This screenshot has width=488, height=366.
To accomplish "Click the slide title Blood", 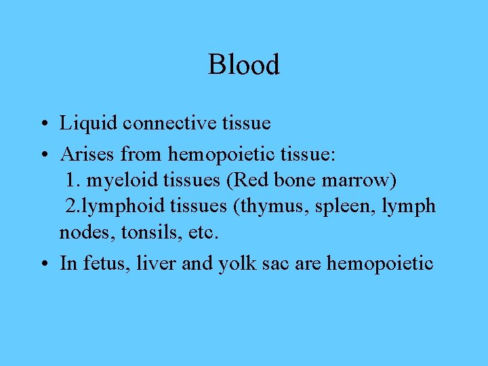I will point(243,65).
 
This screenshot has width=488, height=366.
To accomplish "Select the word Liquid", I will point(80,124).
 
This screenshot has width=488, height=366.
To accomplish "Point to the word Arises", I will point(88,155).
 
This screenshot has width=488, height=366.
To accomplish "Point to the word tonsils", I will point(148,232).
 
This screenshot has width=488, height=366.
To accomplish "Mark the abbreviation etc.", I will point(204,232).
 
